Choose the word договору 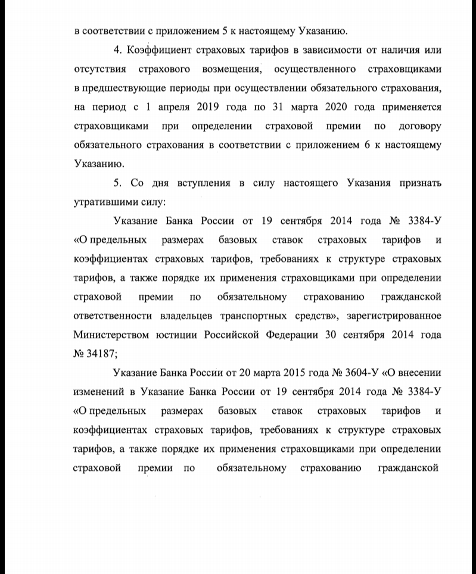pos(417,127)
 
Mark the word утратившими pos(110,202)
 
